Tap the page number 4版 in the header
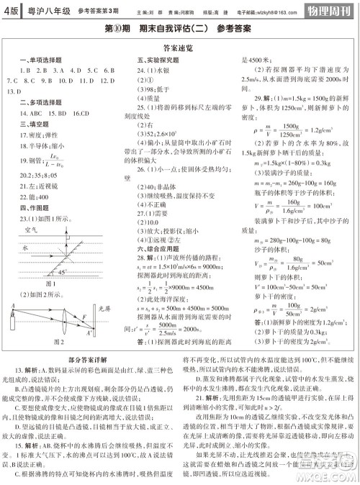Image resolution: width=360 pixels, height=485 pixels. point(12,11)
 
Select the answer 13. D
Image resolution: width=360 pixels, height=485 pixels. point(12,92)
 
